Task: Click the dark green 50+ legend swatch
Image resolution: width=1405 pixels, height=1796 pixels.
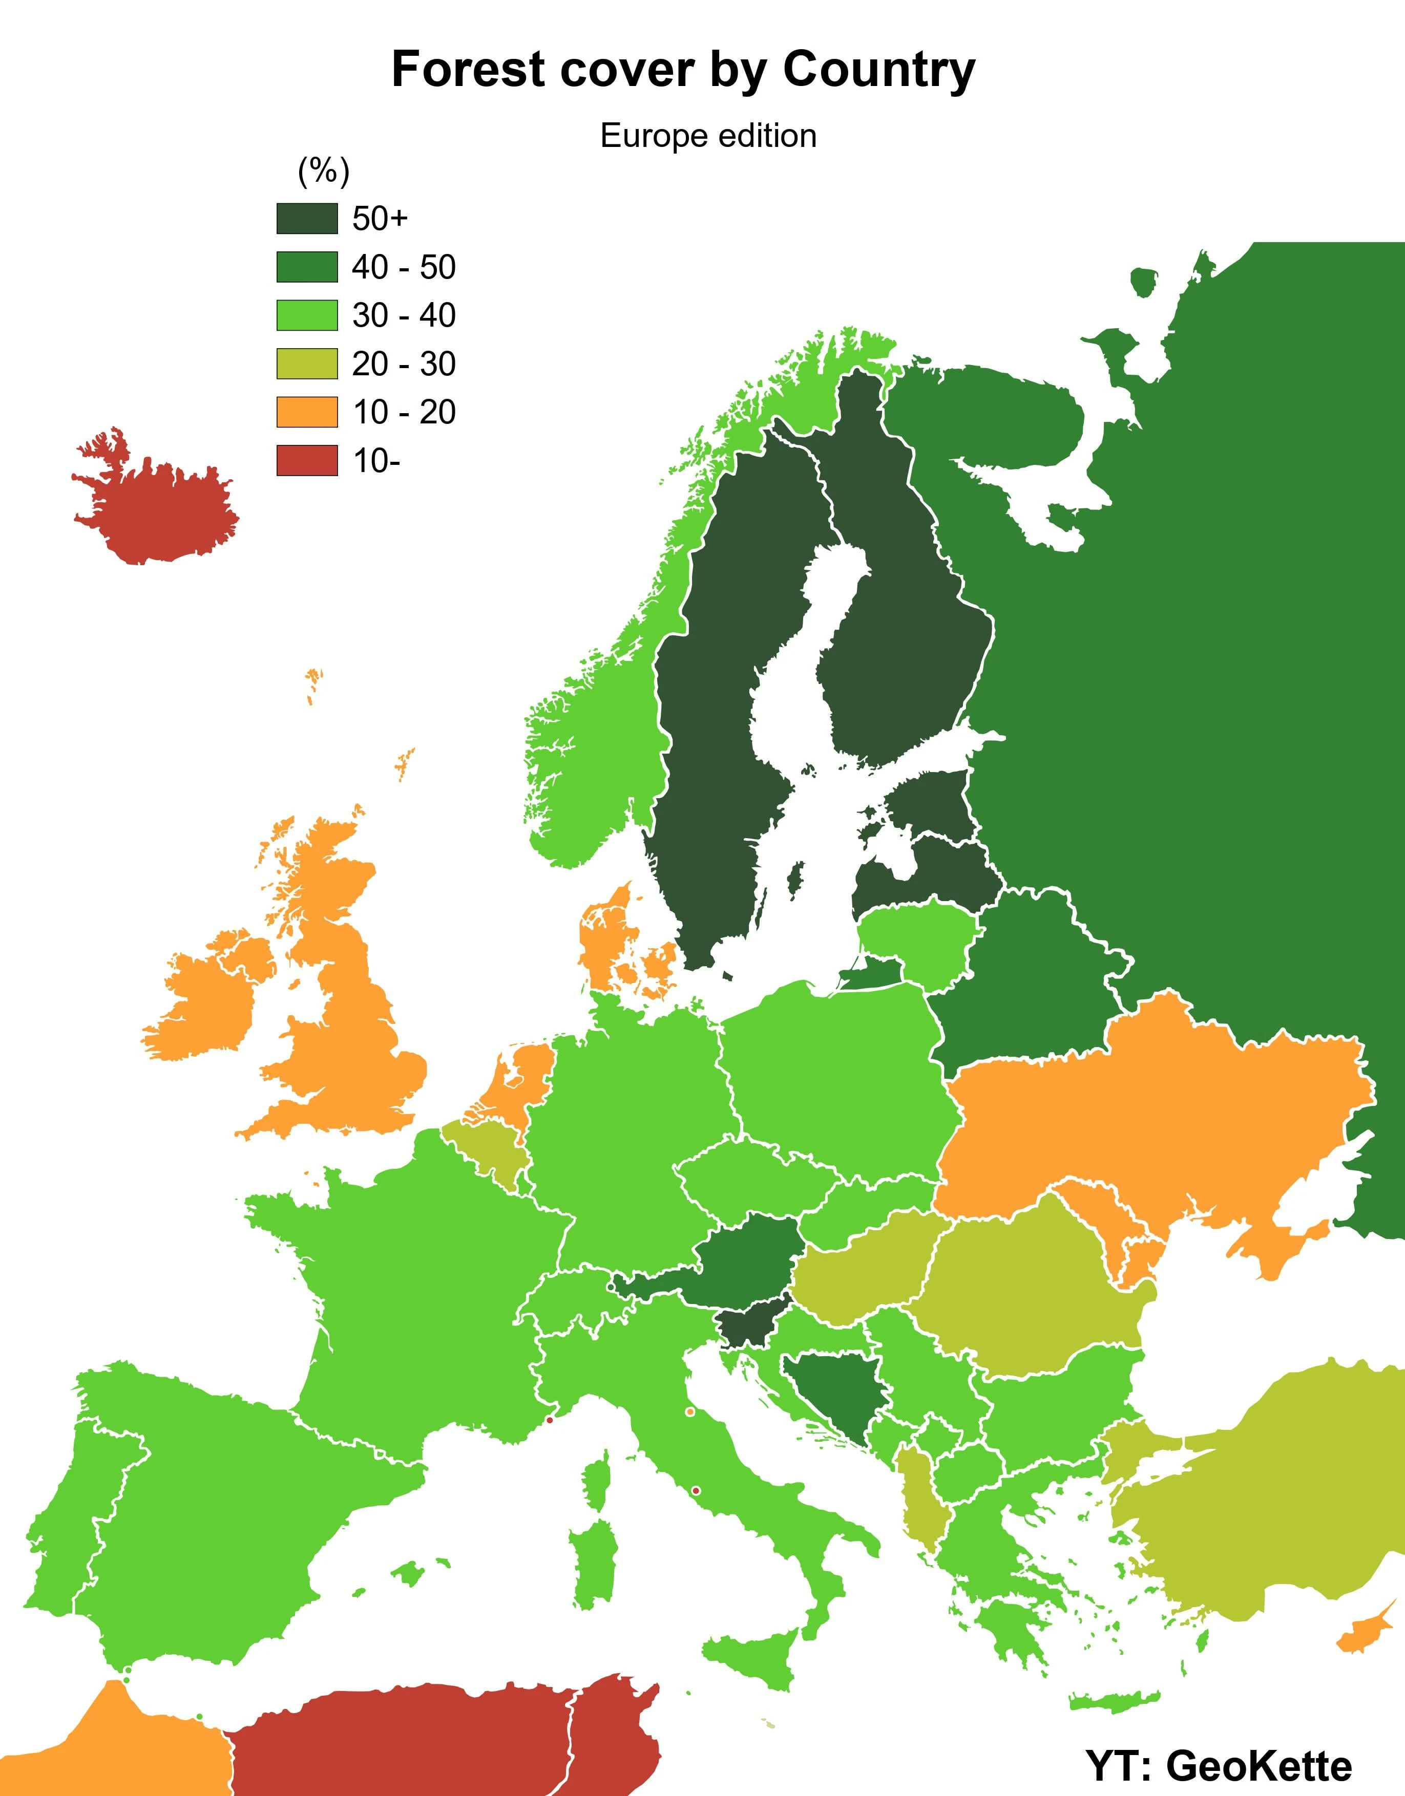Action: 307,219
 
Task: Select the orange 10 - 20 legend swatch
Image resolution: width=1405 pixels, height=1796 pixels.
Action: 307,412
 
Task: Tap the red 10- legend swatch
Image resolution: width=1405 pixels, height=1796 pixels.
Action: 307,460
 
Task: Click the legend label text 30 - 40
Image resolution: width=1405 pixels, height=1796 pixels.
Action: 403,316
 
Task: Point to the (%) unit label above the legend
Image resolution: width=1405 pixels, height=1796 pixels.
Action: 323,171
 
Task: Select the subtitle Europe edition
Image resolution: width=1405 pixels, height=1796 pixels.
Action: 708,136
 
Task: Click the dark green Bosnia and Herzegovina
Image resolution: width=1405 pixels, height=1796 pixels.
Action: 831,1394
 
